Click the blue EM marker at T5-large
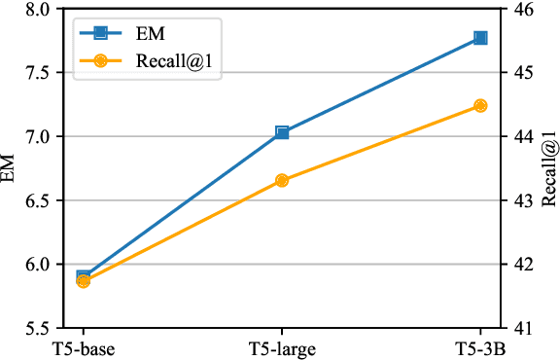[282, 132]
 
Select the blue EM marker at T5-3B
[480, 38]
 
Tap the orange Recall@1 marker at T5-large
[282, 180]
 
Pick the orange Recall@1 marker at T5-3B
[480, 105]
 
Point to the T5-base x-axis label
[84, 348]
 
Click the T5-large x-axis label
[282, 348]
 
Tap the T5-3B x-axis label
[480, 348]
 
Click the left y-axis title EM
[11, 170]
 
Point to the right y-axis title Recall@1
[550, 170]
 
